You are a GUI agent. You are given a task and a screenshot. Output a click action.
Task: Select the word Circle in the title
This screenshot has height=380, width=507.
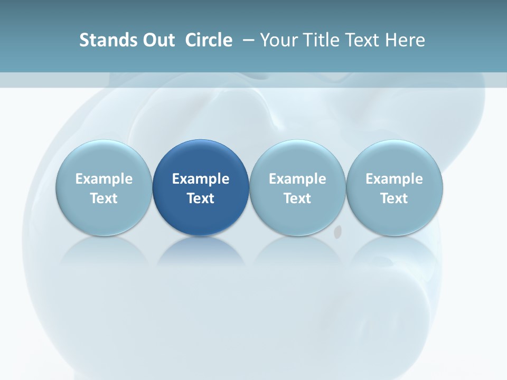pos(209,40)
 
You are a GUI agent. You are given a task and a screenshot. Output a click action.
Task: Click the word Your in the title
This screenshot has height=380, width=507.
pos(277,40)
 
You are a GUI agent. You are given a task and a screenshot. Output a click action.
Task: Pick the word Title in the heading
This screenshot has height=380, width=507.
pos(318,40)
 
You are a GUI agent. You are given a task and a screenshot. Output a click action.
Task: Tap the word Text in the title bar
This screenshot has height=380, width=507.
pos(359,40)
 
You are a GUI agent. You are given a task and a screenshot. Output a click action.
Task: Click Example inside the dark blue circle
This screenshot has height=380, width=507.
pos(201,179)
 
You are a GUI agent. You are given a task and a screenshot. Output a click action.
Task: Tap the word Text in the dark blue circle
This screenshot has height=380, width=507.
pos(201,198)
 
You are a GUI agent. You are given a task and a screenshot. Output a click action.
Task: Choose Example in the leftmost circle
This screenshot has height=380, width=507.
pos(104,179)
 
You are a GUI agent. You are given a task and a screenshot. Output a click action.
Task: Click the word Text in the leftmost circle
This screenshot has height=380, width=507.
pos(104,198)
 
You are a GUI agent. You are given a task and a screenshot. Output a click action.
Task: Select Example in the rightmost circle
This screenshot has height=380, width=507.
pos(394,179)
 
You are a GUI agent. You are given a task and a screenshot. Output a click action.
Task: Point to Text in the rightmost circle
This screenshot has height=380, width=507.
pos(394,198)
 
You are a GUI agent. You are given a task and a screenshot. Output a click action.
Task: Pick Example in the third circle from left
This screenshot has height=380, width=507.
pos(297,179)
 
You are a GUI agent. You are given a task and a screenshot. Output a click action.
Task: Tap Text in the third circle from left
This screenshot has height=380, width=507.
pos(297,198)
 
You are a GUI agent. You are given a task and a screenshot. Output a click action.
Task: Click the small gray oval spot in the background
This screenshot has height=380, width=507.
pos(338,231)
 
